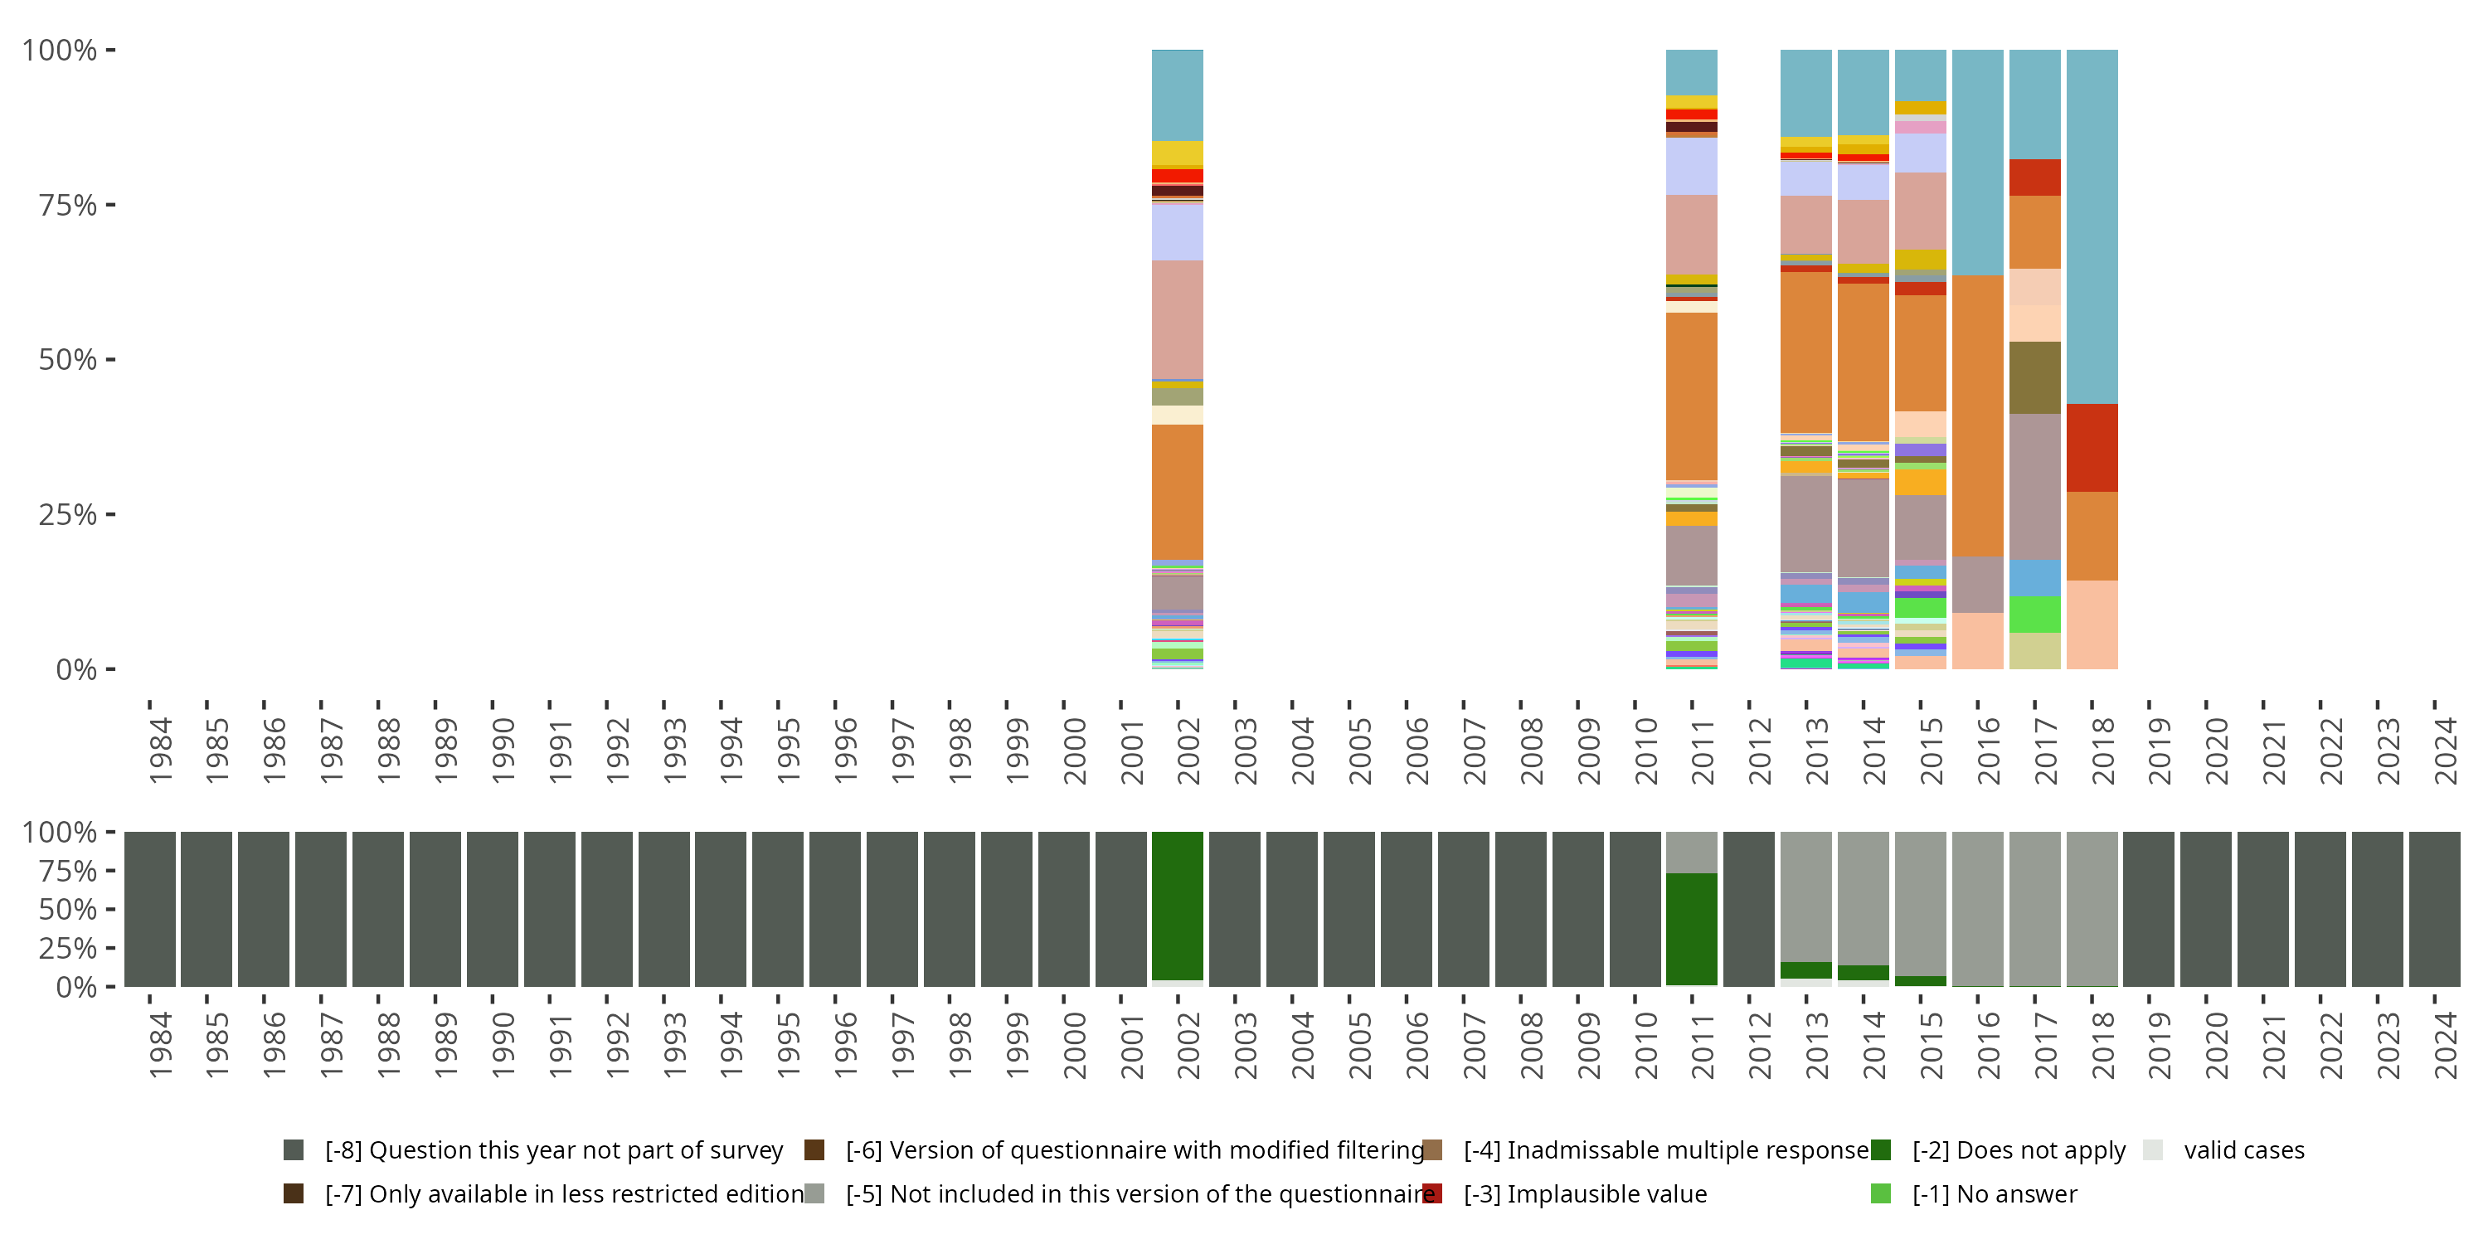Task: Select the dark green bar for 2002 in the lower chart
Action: click(1178, 905)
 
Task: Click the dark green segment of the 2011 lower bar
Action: click(1691, 928)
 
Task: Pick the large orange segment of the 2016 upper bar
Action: click(1977, 415)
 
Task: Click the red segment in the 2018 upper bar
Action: click(2092, 447)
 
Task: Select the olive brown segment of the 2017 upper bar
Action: click(2034, 377)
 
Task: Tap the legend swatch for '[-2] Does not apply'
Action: click(1880, 1149)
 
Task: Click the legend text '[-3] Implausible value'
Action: click(1585, 1193)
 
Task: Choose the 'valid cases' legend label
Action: click(2243, 1149)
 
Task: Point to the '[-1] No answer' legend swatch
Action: click(1880, 1193)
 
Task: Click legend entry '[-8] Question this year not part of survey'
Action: click(553, 1149)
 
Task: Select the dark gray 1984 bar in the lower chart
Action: click(150, 909)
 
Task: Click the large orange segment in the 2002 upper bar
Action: click(1178, 492)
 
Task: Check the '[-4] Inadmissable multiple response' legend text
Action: click(1666, 1149)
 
